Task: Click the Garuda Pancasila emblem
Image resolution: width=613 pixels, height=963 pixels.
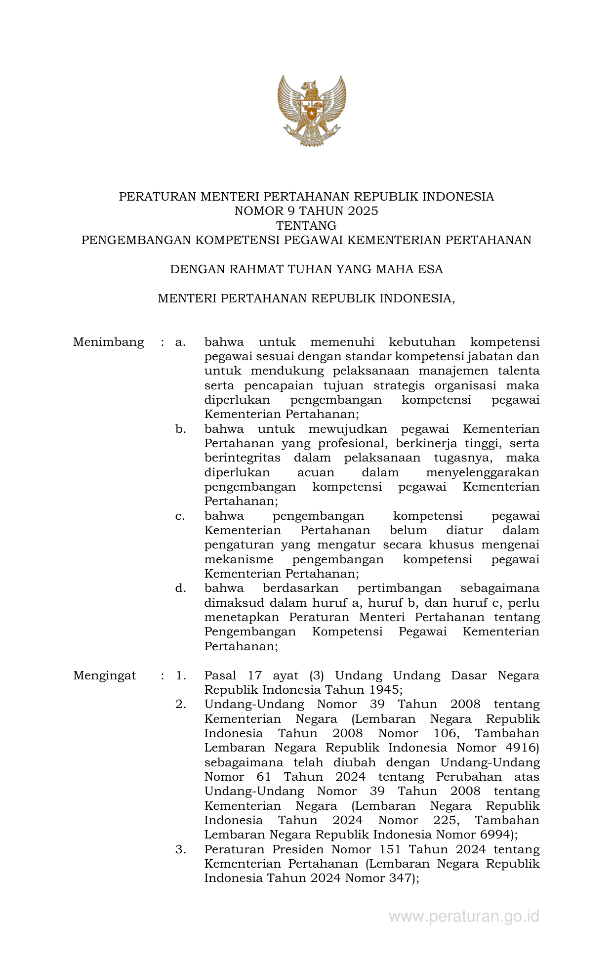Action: click(311, 110)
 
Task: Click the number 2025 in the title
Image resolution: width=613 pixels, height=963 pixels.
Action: click(362, 211)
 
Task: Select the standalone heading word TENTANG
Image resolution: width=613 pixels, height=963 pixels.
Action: click(306, 226)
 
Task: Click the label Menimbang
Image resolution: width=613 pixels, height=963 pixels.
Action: click(108, 342)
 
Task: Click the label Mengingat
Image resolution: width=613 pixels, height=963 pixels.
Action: click(104, 675)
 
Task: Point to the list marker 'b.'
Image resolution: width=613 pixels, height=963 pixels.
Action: click(180, 429)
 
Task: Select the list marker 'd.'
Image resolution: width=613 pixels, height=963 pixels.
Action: click(180, 588)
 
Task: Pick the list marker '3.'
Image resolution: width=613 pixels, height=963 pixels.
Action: click(180, 849)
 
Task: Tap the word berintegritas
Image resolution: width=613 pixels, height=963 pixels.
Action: click(243, 458)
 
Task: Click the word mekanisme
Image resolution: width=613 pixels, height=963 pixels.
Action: click(239, 559)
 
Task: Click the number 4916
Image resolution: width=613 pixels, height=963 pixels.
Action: click(522, 748)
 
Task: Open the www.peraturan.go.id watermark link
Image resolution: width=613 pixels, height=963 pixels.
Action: click(464, 917)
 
